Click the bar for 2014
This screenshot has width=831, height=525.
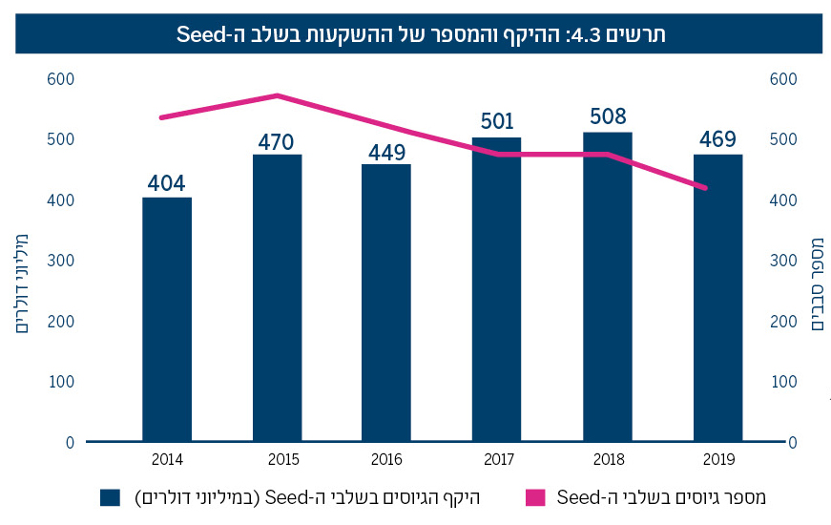167,319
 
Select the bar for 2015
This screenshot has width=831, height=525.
277,298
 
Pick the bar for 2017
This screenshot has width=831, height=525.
496,289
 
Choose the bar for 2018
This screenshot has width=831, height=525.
608,286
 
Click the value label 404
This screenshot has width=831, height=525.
167,182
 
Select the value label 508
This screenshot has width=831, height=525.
608,116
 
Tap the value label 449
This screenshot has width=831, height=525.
386,152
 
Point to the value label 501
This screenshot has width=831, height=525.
496,122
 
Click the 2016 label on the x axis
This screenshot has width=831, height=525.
386,459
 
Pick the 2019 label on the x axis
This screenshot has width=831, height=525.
717,459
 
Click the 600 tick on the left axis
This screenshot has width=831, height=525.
60,79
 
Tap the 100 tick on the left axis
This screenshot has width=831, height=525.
60,382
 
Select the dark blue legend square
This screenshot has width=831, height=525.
110,497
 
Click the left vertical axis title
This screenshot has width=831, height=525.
22,277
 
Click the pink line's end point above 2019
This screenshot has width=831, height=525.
706,188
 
